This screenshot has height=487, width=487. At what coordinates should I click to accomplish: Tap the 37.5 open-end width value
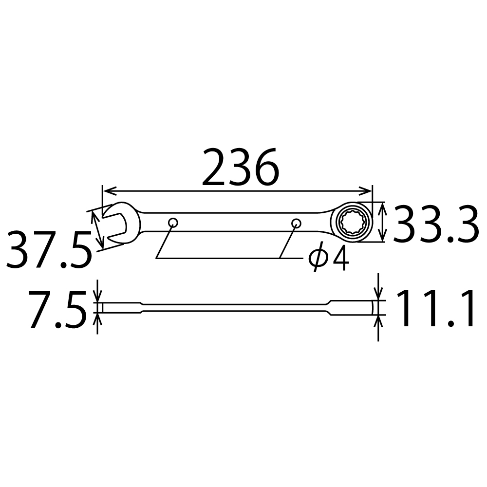pyautogui.click(x=49, y=250)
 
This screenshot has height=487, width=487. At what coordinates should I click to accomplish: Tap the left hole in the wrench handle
pyautogui.click(x=173, y=223)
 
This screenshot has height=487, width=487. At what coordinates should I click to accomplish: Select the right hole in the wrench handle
pyautogui.click(x=296, y=223)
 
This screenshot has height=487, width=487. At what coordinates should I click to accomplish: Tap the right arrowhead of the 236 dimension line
pyautogui.click(x=367, y=190)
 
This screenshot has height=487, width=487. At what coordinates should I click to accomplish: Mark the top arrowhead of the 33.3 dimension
pyautogui.click(x=383, y=207)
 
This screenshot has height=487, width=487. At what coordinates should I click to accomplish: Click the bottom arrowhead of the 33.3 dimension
pyautogui.click(x=383, y=238)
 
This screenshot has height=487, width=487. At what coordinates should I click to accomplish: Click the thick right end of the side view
pyautogui.click(x=353, y=308)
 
